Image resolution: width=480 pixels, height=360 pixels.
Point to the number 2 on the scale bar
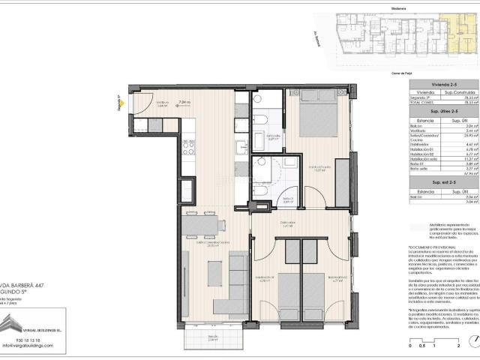coord(457,348)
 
